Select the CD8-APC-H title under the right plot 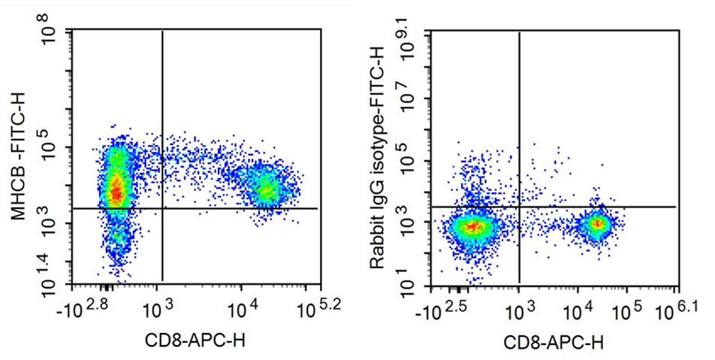click(553, 343)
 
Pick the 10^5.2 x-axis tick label click(318, 305)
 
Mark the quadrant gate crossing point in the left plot click(162, 208)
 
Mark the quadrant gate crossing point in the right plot click(519, 207)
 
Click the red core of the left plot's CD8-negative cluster click(115, 191)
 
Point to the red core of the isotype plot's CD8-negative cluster click(472, 225)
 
